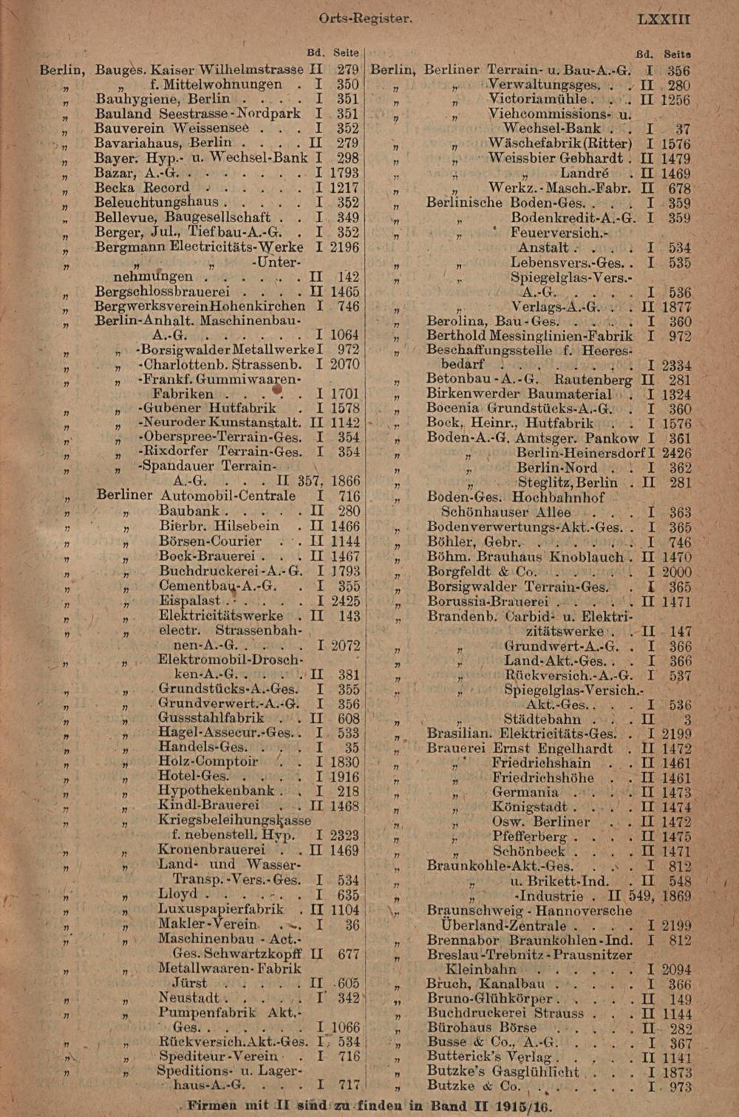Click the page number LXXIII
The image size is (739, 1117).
click(664, 18)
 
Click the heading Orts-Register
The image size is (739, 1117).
click(365, 18)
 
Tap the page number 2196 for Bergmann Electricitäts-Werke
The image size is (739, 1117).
click(344, 247)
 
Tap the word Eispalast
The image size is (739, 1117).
click(190, 601)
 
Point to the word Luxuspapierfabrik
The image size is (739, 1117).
click(221, 909)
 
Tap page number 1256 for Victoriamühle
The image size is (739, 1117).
click(675, 100)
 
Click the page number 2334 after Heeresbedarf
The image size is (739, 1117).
click(676, 365)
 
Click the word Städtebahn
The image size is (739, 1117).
click(542, 720)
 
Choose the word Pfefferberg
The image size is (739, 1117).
click(529, 836)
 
